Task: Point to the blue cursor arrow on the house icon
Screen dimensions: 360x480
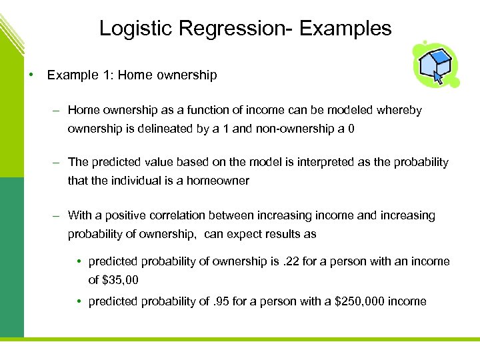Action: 438,76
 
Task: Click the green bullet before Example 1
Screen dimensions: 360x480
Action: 31,75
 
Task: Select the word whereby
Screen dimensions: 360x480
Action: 400,110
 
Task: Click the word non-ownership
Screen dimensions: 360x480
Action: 291,128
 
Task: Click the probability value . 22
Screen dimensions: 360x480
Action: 291,261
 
